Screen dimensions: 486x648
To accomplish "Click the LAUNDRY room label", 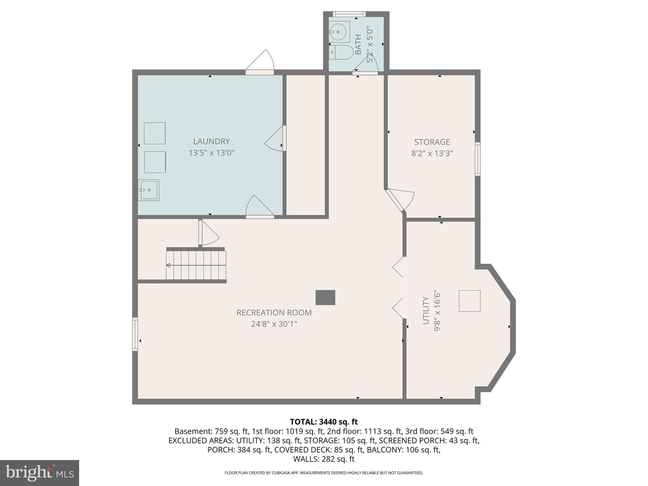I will coord(211,141).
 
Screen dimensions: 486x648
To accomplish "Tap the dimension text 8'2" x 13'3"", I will coord(432,153).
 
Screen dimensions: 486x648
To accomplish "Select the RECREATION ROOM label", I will coord(274,313).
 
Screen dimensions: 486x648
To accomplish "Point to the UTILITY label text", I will coord(426,310).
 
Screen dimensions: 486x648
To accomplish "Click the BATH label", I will coord(358,45).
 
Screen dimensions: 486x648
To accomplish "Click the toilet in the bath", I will coord(341,52).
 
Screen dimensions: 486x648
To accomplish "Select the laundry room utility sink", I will coord(148,190).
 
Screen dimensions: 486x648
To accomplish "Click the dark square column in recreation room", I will coord(325,297).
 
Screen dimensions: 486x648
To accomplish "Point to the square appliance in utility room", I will coord(470,301).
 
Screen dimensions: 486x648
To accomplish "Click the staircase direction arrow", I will coord(196,265).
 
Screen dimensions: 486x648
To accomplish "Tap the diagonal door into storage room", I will coord(395,200).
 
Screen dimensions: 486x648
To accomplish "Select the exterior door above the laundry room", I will coord(260,72).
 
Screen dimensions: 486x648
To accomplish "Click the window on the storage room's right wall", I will coord(477,159).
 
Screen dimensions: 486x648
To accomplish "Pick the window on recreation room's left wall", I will coord(135,334).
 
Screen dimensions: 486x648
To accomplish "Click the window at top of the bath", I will coord(349,14).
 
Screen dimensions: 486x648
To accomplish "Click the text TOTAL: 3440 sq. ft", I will coord(324,422).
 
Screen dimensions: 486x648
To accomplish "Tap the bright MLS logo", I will coord(40,473).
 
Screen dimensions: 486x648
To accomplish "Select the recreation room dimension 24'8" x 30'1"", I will coord(274,324).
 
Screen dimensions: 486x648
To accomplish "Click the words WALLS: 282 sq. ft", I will coord(324,459).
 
